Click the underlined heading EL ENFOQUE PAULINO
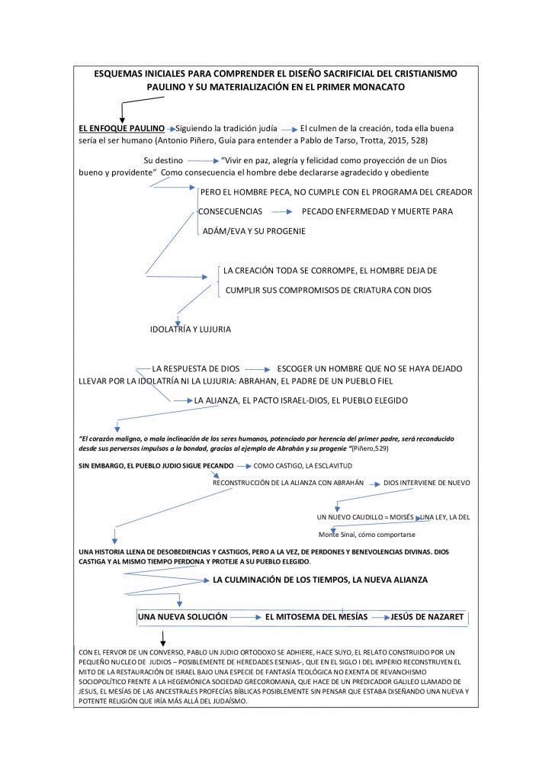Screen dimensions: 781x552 (121, 128)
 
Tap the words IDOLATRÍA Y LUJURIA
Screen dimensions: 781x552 (190, 329)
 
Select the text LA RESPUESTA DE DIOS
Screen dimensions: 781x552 (197, 368)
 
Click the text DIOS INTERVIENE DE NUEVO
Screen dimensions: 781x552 (426, 483)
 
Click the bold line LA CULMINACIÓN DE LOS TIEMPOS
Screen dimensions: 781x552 (320, 580)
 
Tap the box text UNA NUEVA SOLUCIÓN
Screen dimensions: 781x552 (182, 616)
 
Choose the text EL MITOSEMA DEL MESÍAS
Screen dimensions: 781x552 (316, 616)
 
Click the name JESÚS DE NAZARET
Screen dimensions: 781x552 (426, 616)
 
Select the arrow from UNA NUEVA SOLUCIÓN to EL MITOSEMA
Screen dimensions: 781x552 (246, 616)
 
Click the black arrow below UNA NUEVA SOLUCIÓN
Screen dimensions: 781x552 (162, 638)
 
